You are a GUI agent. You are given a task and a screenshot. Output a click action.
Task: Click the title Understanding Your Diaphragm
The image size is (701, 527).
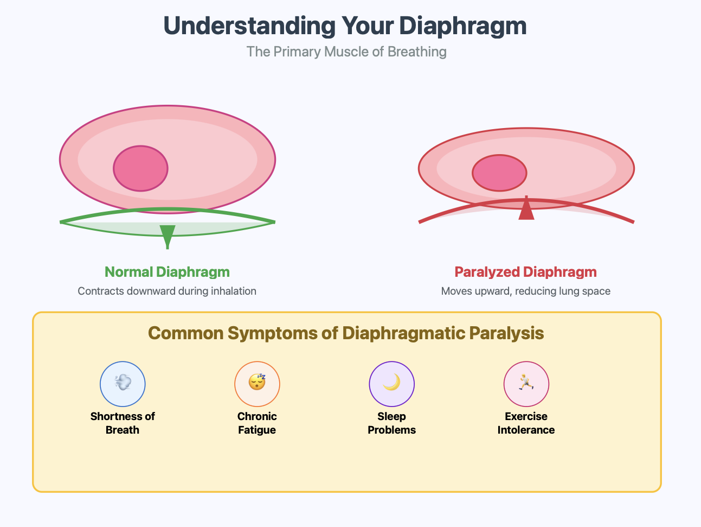coord(345,26)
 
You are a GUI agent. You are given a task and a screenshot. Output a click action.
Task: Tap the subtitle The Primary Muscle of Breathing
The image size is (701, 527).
coord(346,52)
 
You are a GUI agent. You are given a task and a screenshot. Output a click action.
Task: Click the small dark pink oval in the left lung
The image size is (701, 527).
coord(140,168)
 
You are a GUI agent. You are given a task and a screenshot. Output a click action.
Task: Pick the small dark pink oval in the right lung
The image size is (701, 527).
coord(499,173)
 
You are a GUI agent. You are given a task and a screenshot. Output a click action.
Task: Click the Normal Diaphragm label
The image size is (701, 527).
coord(167,272)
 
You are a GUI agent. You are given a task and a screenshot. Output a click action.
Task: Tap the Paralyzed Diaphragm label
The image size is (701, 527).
coord(525,272)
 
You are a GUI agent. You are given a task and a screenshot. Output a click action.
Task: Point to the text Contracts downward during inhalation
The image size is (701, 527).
coord(167,291)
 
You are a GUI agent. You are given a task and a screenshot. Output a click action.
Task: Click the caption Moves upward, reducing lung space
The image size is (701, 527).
coord(525,291)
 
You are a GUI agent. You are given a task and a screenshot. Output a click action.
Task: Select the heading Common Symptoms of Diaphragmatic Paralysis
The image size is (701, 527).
coord(346,333)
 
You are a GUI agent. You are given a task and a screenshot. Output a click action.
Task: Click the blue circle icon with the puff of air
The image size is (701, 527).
coord(123,383)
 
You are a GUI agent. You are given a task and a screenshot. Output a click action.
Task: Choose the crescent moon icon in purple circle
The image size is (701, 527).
coord(391,383)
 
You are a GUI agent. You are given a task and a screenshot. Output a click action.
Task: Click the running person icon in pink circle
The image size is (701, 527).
coord(526,383)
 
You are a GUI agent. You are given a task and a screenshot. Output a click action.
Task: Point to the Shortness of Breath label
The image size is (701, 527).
coord(123,423)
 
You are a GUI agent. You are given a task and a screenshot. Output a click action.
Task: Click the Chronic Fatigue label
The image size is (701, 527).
coord(257,423)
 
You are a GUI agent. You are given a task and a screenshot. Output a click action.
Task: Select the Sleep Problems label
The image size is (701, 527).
coord(391,423)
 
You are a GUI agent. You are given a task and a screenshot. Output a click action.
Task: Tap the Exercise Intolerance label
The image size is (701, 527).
coord(526,423)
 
